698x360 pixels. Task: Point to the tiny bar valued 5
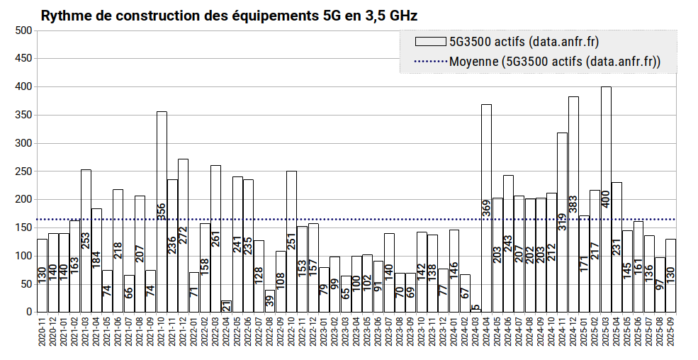click(475, 310)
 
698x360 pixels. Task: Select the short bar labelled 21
click(227, 306)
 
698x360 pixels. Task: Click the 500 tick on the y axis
click(23, 30)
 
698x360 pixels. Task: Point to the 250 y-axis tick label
click(23, 171)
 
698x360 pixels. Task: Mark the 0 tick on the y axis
click(29, 312)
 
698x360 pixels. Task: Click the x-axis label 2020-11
click(43, 336)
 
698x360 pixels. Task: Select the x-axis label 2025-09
click(671, 336)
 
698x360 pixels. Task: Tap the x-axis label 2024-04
click(487, 336)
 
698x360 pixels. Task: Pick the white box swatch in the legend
click(429, 41)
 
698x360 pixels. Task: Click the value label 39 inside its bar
click(270, 301)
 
